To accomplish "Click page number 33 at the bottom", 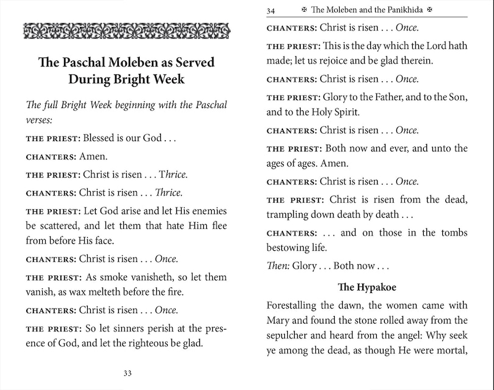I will pos(127,374).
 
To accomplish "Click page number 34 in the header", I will pos(271,10).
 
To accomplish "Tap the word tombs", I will pos(451,233).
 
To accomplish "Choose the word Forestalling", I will pos(294,305).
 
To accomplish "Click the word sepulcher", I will pos(290,336).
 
